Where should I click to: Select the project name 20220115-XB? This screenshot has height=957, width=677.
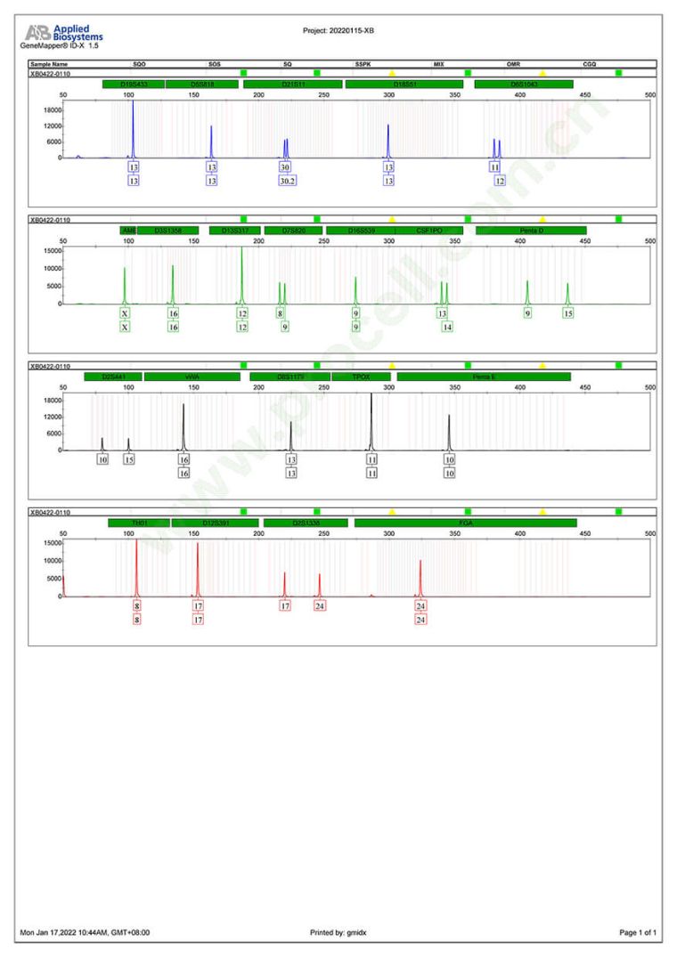[x=338, y=30]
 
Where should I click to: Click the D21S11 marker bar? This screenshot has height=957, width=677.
[x=293, y=85]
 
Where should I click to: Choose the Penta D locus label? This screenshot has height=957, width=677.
[x=532, y=231]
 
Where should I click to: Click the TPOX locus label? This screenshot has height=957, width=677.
[x=365, y=377]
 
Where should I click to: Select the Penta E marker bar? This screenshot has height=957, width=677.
[x=484, y=377]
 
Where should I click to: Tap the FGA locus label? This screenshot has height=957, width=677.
[x=465, y=523]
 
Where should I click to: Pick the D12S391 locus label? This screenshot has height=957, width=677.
[x=215, y=523]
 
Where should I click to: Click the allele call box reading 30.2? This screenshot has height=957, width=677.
[x=285, y=181]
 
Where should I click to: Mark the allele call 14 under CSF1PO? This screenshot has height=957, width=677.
[x=447, y=328]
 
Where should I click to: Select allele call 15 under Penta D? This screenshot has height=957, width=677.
[x=568, y=313]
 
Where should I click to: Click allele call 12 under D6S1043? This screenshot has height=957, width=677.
[x=500, y=181]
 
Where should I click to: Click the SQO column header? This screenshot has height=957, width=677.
[x=139, y=65]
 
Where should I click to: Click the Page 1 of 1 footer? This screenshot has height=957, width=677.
[x=638, y=932]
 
